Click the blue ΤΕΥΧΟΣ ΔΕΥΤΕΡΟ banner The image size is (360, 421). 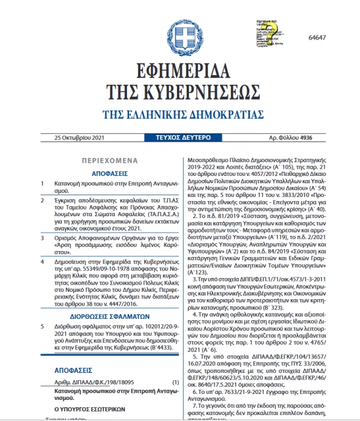click(179, 138)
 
